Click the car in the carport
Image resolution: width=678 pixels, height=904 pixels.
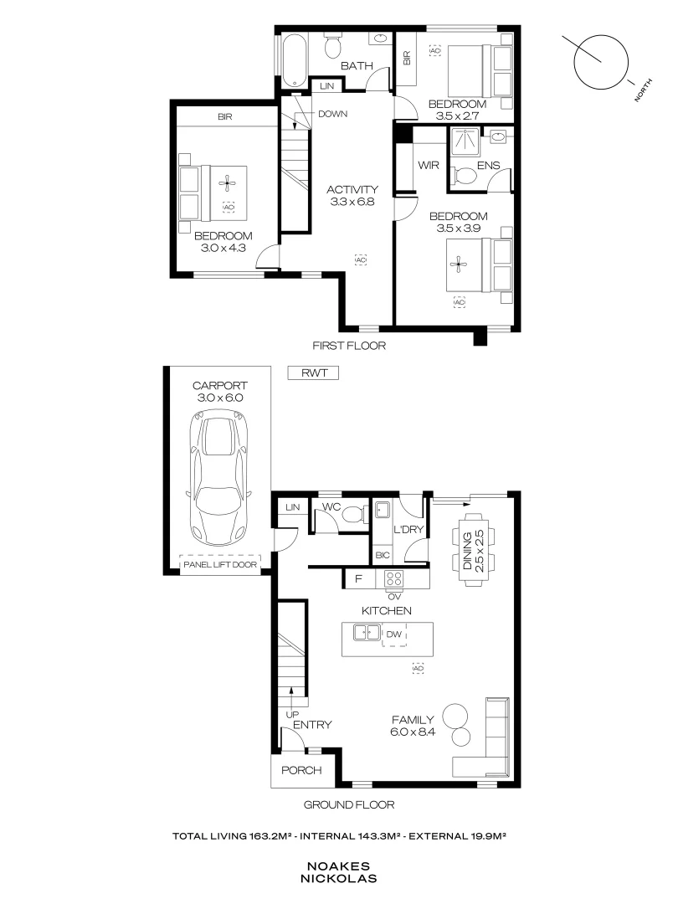click(218, 478)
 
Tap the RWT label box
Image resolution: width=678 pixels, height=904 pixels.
click(312, 374)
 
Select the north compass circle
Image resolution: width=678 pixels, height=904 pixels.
click(601, 61)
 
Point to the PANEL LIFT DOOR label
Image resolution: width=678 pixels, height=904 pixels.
click(219, 564)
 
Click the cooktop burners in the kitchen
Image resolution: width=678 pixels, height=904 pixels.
click(393, 578)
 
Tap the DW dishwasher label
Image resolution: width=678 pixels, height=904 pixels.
click(394, 635)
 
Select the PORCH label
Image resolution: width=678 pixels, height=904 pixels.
click(300, 770)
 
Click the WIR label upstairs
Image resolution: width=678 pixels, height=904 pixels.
click(429, 165)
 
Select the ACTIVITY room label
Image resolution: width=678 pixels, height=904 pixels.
click(352, 189)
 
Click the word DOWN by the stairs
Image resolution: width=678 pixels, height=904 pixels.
click(332, 114)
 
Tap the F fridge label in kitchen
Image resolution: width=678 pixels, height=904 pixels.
click(358, 578)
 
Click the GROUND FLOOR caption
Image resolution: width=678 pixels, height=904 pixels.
click(348, 804)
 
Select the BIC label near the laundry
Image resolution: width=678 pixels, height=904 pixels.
click(383, 554)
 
